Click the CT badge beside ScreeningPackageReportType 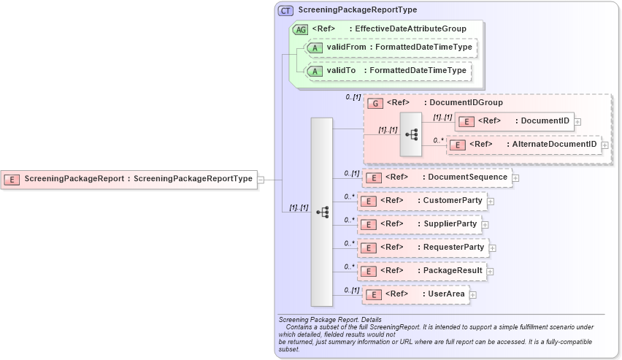pos(285,11)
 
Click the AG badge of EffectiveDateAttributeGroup pos(300,29)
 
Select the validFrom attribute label pos(346,47)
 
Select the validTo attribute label pos(341,71)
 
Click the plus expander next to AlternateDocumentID pos(604,145)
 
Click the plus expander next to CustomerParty pos(491,202)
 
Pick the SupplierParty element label pos(450,224)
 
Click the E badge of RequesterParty pos(369,248)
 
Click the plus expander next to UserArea pos(473,295)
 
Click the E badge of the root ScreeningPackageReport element pos(12,179)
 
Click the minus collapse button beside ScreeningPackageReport pos(261,179)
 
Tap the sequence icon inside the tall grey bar pos(322,212)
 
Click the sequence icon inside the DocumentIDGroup pos(412,134)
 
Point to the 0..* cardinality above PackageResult pos(349,267)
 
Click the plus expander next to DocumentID pos(578,121)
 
